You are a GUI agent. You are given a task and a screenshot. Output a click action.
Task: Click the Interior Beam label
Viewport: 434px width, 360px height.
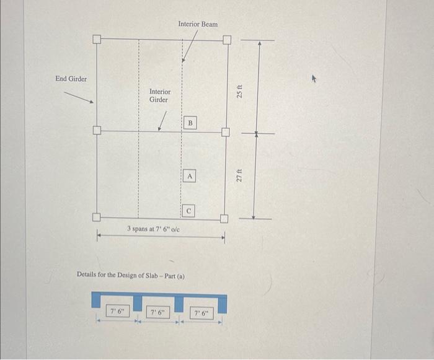pos(198,24)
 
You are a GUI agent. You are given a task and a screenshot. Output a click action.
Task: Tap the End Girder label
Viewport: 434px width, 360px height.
pos(71,79)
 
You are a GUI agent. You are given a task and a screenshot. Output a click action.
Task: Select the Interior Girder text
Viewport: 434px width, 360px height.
pos(159,95)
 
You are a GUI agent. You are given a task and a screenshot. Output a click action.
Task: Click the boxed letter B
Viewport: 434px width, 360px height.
pos(190,123)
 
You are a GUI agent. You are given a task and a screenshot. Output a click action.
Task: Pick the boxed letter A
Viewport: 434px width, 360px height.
pos(190,177)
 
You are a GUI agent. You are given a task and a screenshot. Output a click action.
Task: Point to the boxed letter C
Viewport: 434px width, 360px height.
pos(190,211)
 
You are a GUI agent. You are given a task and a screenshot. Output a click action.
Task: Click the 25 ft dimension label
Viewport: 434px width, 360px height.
pos(241,91)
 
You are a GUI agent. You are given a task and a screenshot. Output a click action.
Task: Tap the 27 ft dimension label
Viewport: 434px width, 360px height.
pos(241,175)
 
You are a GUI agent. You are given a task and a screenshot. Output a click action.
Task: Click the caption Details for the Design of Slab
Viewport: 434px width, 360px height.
pos(131,274)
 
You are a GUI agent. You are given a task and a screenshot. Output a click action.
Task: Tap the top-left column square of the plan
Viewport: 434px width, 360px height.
pos(97,40)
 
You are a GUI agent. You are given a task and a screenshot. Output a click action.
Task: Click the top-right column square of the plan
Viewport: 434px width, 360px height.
pos(226,40)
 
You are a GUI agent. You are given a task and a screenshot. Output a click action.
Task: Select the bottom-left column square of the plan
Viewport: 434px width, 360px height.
pos(97,217)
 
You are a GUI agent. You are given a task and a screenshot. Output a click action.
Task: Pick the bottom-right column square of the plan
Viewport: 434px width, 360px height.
pos(224,218)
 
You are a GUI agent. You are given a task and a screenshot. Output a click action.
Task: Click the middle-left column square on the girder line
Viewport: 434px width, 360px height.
pos(97,131)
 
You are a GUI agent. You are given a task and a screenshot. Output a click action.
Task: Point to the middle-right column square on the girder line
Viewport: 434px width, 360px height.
pos(226,132)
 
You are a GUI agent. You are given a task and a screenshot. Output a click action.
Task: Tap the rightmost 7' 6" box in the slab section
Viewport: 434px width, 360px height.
pos(201,314)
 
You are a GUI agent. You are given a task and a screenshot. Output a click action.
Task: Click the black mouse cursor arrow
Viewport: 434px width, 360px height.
pos(314,79)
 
